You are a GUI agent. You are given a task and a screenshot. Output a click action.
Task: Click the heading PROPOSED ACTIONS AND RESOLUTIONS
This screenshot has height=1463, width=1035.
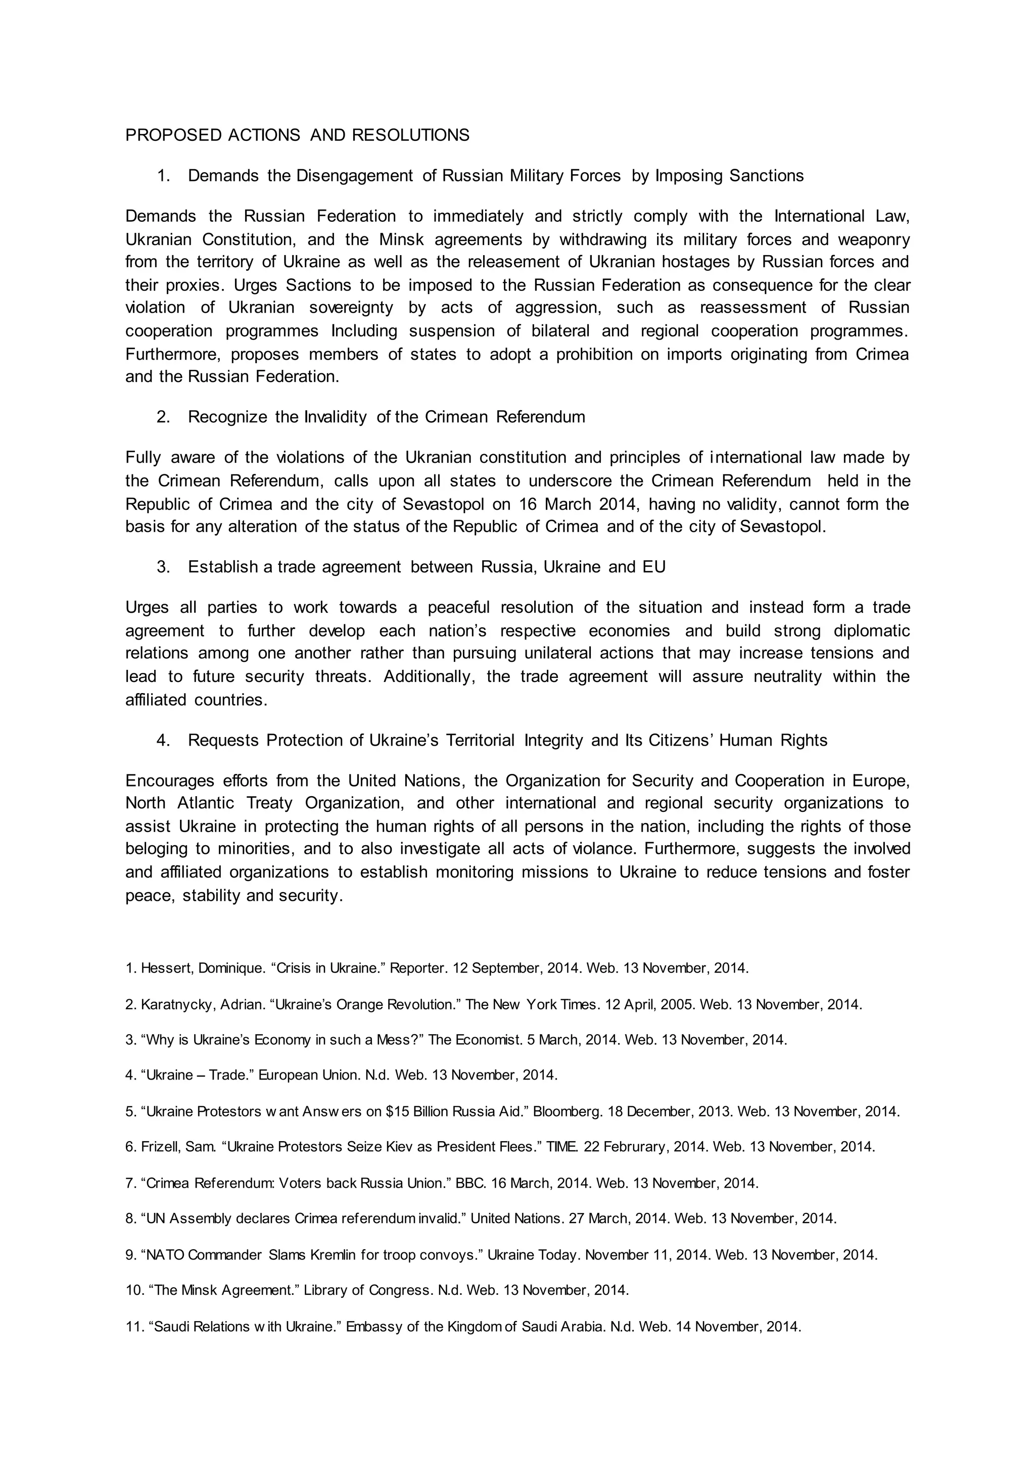[297, 135]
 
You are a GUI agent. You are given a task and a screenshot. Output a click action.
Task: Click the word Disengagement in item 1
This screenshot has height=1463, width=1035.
[354, 176]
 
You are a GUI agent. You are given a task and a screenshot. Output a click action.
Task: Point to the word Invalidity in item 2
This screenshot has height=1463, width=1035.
[335, 417]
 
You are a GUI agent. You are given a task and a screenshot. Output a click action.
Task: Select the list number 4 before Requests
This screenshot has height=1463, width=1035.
[163, 741]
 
